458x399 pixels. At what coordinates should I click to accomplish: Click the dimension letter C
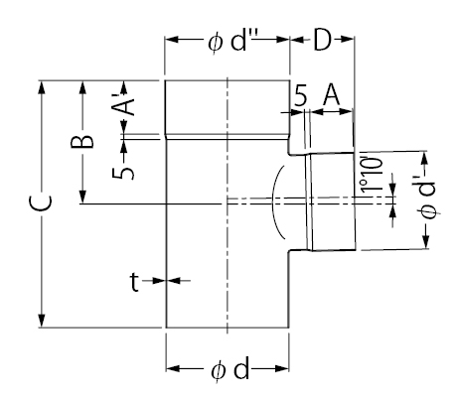click(x=41, y=203)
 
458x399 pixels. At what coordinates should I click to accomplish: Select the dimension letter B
click(x=82, y=141)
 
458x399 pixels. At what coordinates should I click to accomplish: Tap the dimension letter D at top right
click(x=322, y=40)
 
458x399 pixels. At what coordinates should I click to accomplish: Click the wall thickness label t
click(x=134, y=282)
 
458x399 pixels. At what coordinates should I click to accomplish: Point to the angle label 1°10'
click(x=372, y=175)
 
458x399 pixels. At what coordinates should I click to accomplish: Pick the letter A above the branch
click(x=332, y=94)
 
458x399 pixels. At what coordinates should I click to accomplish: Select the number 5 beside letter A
click(x=301, y=95)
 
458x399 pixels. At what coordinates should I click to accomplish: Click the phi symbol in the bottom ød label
click(x=219, y=370)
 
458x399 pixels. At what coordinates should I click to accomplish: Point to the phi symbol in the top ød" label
click(x=215, y=43)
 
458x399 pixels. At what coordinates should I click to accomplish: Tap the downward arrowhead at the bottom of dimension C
click(x=41, y=320)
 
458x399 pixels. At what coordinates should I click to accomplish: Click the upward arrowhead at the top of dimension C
click(x=41, y=88)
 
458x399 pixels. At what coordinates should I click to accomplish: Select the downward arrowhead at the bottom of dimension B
click(x=82, y=196)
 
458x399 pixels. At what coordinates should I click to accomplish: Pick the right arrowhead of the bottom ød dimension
click(x=281, y=368)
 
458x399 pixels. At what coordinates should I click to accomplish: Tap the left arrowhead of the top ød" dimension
click(x=173, y=40)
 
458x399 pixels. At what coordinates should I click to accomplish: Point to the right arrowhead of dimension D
click(x=347, y=39)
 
